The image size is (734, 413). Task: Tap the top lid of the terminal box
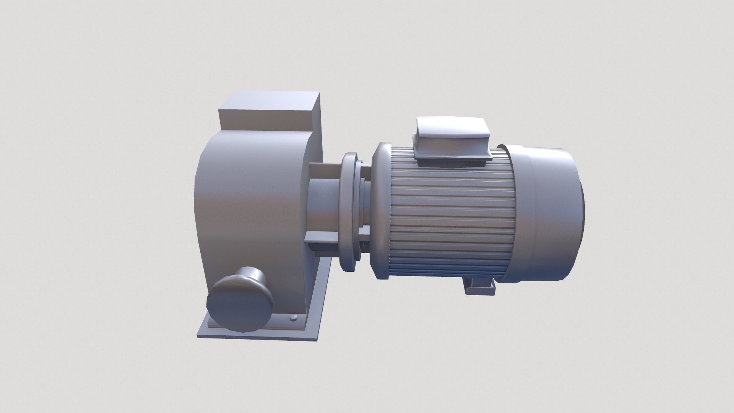tap(451, 128)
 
